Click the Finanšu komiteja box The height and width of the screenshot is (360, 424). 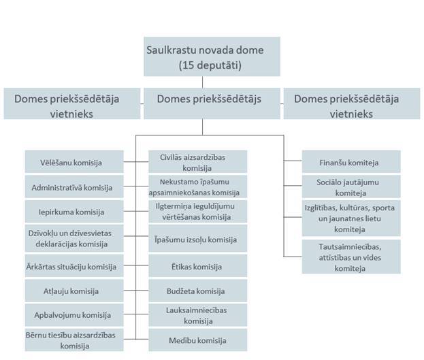coord(349,163)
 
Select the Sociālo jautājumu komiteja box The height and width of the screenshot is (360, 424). coord(349,186)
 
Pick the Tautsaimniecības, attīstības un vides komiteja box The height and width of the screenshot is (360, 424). coord(349,256)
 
